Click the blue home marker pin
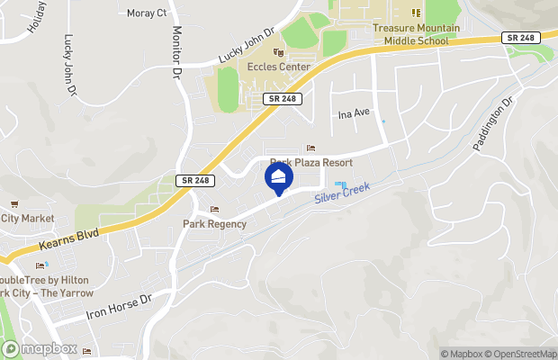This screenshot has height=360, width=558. tap(279, 177)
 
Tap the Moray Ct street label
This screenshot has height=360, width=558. tap(148, 13)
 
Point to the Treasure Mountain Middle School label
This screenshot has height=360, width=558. tap(416, 34)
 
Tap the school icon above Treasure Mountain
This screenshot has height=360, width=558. tap(416, 13)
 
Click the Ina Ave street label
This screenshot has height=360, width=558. tap(354, 114)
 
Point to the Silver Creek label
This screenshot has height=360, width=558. tap(342, 197)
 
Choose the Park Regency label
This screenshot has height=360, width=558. tap(214, 224)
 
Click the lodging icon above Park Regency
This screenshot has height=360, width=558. tap(214, 210)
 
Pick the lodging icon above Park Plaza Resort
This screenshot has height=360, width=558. tap(311, 148)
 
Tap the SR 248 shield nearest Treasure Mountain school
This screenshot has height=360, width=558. tap(519, 38)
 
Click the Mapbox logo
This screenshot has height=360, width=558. tap(39, 348)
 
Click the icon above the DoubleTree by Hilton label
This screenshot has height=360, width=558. tap(40, 265)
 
